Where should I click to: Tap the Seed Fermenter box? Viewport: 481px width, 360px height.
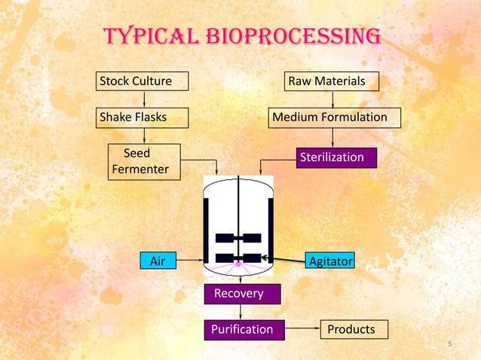[x=144, y=162]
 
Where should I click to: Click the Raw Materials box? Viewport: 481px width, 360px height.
[x=331, y=81]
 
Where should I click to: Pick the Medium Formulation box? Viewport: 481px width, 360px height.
[x=335, y=117]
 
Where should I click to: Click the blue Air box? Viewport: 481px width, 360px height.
[x=158, y=261]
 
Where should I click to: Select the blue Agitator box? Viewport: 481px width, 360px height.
[x=330, y=261]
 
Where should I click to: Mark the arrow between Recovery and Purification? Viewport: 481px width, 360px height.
[x=240, y=312]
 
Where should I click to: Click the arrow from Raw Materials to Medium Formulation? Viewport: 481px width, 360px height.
[x=332, y=99]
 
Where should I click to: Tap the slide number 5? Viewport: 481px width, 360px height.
[x=449, y=346]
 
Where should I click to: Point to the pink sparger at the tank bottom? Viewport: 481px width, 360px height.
[x=238, y=265]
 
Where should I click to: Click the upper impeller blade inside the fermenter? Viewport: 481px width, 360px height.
[x=238, y=238]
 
